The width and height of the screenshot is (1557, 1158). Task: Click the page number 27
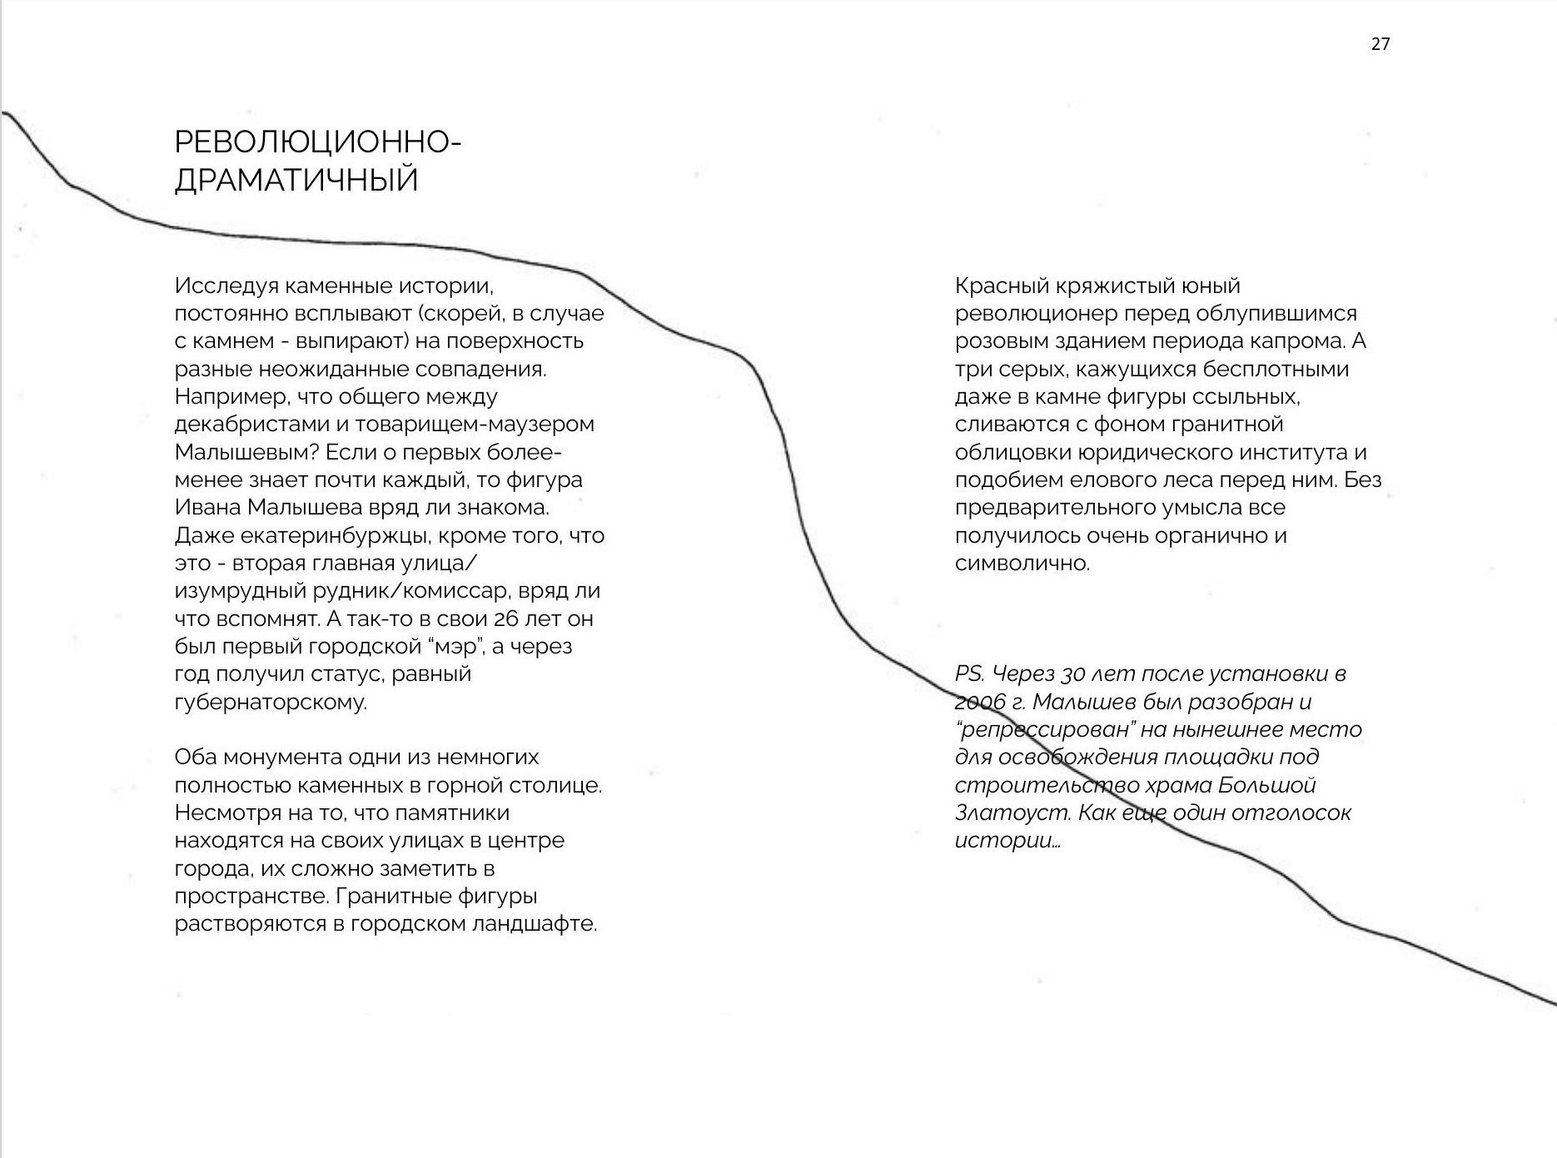click(x=1380, y=44)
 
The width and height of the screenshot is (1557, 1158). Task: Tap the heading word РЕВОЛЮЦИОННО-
click(x=317, y=142)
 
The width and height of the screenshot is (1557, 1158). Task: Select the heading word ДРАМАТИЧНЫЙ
click(x=296, y=180)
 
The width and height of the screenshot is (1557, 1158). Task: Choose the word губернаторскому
click(x=271, y=702)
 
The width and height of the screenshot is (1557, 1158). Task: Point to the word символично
click(x=1022, y=564)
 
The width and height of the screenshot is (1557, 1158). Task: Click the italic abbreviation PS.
click(x=970, y=673)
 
